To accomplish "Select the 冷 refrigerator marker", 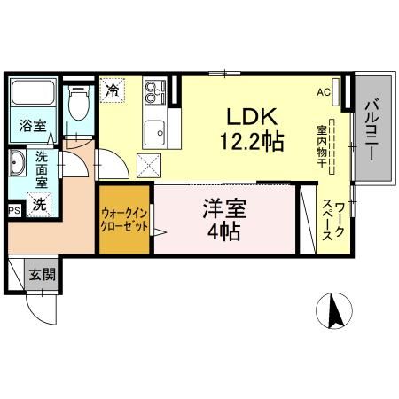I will (112, 90).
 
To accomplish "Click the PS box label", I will (13, 211).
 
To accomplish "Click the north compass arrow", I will (336, 309).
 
